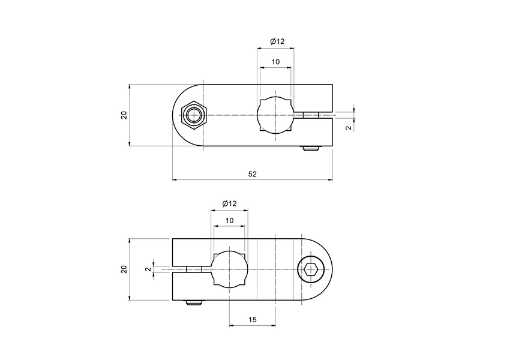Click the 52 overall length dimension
252,174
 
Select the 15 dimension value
252,320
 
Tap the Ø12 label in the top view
277,41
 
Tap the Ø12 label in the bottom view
229,204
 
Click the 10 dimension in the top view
275,62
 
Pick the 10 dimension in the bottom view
229,221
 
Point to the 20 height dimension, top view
124,115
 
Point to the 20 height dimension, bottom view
124,269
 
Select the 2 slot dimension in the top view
349,128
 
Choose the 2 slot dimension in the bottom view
148,269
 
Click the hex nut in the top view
194,115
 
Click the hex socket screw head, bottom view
310,269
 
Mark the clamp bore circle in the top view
275,115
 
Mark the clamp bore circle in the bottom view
229,269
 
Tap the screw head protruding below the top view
311,148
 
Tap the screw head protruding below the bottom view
193,303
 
